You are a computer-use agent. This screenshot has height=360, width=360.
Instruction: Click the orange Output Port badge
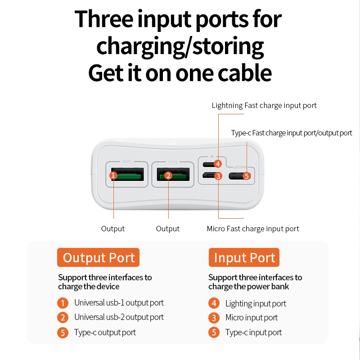click(x=98, y=257)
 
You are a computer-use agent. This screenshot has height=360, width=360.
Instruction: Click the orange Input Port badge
click(x=244, y=257)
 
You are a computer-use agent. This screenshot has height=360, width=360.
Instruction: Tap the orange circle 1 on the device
click(x=113, y=175)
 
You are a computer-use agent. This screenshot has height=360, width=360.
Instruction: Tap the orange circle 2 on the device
click(x=168, y=175)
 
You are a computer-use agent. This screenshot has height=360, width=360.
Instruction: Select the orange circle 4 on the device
click(x=218, y=164)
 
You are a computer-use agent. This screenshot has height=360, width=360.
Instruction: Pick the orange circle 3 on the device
click(x=218, y=176)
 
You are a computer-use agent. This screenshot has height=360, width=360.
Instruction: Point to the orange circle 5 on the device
click(x=247, y=176)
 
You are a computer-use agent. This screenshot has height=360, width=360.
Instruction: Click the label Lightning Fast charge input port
click(x=264, y=106)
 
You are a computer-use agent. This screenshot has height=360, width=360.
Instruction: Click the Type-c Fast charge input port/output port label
click(x=292, y=133)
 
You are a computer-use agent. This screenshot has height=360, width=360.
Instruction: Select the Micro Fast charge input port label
click(x=253, y=229)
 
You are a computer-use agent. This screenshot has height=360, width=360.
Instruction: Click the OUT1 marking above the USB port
click(x=127, y=162)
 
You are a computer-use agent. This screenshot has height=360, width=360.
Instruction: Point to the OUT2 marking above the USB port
click(x=173, y=162)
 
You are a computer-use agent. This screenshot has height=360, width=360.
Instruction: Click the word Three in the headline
click(x=104, y=19)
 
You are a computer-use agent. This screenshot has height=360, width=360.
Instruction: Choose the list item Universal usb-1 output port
click(x=119, y=303)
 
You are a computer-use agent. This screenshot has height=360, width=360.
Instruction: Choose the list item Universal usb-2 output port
click(x=119, y=317)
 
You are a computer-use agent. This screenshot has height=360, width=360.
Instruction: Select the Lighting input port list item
click(x=256, y=304)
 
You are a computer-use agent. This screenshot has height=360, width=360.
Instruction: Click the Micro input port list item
click(x=252, y=318)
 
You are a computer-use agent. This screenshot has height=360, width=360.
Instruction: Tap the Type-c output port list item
click(x=105, y=333)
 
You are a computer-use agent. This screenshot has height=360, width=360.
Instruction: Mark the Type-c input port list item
click(x=253, y=333)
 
